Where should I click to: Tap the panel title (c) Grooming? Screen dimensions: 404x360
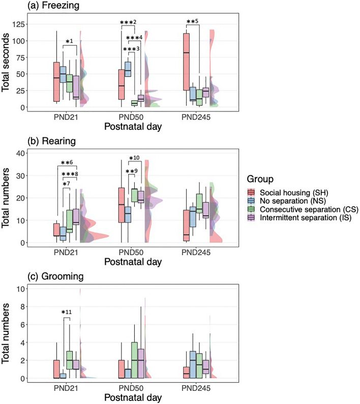[33, 278]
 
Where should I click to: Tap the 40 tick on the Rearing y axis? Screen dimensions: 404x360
[27, 153]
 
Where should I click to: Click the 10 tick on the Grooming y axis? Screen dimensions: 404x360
[27, 289]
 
